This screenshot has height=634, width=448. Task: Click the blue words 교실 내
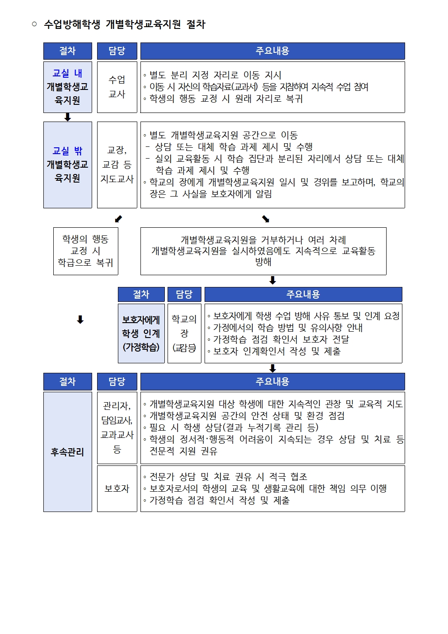[67, 73]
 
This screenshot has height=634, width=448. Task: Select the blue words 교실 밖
[67, 151]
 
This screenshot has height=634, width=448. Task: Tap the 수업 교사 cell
[117, 87]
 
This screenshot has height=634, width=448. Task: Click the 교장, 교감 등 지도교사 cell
[117, 164]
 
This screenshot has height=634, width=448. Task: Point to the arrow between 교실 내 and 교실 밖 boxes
[68, 117]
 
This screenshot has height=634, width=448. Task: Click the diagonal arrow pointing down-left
[118, 219]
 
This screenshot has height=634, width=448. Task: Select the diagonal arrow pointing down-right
[266, 219]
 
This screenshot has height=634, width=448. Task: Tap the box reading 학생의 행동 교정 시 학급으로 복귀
[85, 251]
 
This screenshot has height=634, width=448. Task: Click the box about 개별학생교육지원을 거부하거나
[263, 251]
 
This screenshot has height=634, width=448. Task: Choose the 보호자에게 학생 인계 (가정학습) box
[141, 333]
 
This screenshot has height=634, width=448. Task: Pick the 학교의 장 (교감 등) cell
[184, 333]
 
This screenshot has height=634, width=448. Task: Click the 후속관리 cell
[67, 451]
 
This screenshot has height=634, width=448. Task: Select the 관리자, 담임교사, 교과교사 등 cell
[117, 427]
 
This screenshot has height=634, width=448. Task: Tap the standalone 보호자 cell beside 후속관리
[117, 488]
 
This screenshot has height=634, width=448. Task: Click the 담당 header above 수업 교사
[117, 51]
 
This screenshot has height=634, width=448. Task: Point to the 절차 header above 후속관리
[67, 381]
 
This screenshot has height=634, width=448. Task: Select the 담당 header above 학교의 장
[184, 294]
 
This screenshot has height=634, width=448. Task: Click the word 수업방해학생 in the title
[72, 24]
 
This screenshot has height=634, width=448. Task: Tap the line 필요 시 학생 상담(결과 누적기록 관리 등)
[233, 427]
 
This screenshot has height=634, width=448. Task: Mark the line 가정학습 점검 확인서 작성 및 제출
[219, 500]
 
